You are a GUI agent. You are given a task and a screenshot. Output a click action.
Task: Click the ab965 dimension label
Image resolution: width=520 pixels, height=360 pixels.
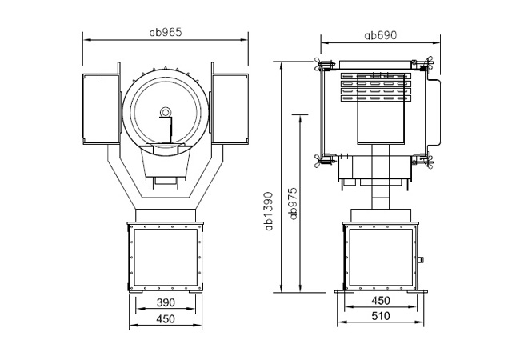[166, 32]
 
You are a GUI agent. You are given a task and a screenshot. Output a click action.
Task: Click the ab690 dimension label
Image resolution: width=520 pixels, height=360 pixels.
[380, 35]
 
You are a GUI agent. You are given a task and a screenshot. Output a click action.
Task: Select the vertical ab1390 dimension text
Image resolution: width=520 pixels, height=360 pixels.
[269, 211]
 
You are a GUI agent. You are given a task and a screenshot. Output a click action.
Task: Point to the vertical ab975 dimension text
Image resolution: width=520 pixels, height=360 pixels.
[293, 203]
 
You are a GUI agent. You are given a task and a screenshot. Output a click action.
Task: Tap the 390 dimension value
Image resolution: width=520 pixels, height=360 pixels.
[166, 302]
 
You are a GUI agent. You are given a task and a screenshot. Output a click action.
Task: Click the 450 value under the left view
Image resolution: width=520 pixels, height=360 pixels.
[166, 319]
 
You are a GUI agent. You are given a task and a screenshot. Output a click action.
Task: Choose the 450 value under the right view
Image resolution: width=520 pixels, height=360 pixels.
[380, 301]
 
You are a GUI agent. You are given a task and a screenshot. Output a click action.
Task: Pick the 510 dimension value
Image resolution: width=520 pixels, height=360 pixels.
[380, 316]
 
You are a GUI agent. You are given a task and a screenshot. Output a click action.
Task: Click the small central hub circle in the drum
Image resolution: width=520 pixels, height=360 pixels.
[165, 112]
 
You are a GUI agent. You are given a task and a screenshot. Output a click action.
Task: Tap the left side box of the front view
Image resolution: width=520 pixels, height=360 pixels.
[101, 109]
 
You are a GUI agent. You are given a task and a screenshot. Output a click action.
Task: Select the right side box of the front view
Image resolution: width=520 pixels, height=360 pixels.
[230, 109]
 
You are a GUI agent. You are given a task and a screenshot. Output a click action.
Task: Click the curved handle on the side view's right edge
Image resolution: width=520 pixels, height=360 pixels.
[434, 112]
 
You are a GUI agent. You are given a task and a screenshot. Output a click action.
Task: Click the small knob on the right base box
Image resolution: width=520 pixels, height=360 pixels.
[421, 259]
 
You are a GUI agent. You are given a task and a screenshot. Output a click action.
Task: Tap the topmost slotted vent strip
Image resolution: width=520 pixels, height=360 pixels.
[376, 76]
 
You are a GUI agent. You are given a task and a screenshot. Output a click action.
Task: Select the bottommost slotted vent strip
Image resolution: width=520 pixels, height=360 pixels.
[376, 98]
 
